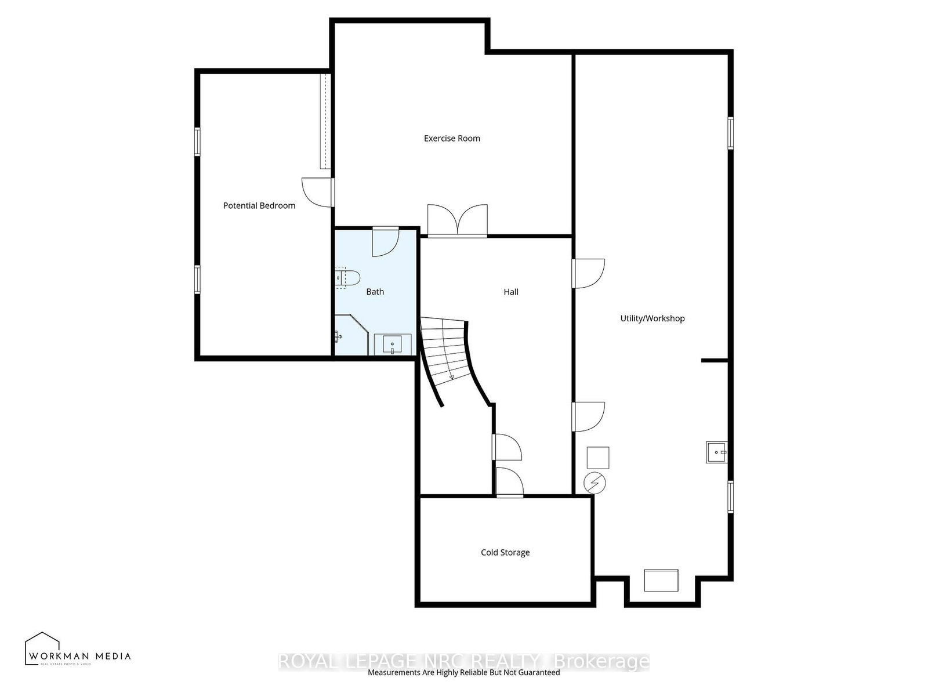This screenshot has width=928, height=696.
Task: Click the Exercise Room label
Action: (452, 138)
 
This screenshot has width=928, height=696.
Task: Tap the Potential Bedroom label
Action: (259, 205)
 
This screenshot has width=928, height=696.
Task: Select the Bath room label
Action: (375, 292)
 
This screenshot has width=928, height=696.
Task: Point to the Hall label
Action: (510, 292)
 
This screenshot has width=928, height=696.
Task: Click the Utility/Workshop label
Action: (652, 318)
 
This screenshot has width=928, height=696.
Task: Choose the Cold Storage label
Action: (505, 552)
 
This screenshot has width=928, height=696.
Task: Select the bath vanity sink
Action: (393, 344)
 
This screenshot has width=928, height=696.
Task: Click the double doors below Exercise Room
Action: (458, 221)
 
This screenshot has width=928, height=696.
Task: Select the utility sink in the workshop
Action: (717, 452)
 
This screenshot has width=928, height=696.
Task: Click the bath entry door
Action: (384, 242)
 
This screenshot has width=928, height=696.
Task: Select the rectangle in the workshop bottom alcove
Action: (661, 580)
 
